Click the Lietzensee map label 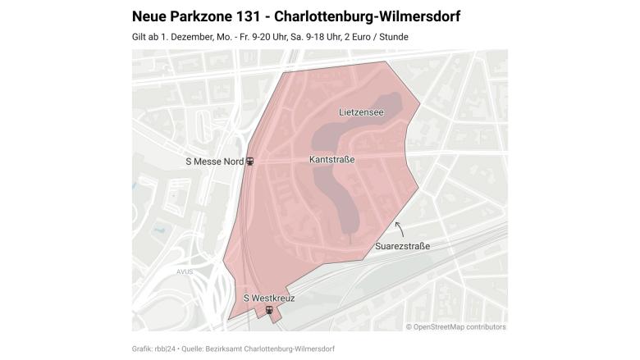(361, 112)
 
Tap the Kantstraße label (332, 159)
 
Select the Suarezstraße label (402, 246)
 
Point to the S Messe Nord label (214, 162)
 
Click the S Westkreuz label (269, 298)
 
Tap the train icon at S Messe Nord (250, 162)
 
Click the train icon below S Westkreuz (269, 310)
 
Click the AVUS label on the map (184, 271)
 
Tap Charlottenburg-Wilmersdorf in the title (378, 16)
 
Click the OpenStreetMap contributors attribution (455, 326)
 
